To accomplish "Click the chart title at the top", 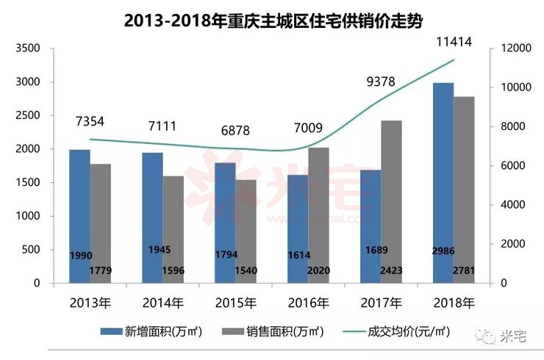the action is click(273, 21).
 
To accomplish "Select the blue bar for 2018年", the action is click(443, 183).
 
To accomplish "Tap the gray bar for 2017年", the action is click(391, 202).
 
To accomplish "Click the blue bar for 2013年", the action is click(80, 217).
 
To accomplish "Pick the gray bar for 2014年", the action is click(173, 230).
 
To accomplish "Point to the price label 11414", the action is click(454, 42).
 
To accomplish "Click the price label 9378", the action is click(381, 82).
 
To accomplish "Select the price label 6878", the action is click(235, 130).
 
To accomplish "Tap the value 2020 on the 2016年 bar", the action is click(318, 270).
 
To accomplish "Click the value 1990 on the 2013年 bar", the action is click(81, 256).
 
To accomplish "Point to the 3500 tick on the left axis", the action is click(28, 48).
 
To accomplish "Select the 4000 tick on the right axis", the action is click(513, 205).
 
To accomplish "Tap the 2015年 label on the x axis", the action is click(235, 303).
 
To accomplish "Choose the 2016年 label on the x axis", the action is click(309, 303).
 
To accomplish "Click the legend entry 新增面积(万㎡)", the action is click(151, 331).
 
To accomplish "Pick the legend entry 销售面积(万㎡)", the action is click(273, 331).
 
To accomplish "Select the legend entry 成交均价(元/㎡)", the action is click(396, 331).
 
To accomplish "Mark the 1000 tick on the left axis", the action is click(28, 216).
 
